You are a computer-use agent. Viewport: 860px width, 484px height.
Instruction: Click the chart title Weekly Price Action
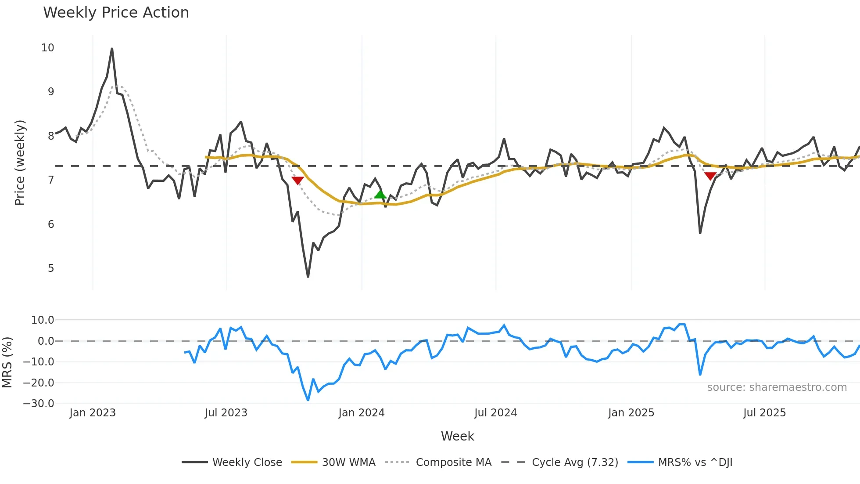tap(116, 13)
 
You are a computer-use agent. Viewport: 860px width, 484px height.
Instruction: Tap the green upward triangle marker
tap(380, 194)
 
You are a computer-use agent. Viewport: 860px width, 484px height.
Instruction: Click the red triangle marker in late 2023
tap(297, 181)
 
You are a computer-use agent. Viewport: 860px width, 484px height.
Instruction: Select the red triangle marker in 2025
tap(710, 176)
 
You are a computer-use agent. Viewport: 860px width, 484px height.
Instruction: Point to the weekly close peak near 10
tap(112, 49)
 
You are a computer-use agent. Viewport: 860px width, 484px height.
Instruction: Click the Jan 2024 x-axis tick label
tap(362, 413)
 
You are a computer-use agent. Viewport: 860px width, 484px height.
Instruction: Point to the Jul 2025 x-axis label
tap(764, 413)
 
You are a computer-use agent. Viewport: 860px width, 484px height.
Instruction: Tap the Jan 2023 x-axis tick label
tap(93, 413)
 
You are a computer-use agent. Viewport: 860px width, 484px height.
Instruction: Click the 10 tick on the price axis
tap(48, 48)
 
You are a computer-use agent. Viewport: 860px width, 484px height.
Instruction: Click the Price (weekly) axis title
tap(20, 163)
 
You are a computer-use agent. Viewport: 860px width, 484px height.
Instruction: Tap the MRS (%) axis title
tap(7, 362)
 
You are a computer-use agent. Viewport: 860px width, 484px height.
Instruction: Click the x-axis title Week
tap(457, 436)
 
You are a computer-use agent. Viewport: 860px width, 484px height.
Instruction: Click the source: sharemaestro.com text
tap(777, 387)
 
